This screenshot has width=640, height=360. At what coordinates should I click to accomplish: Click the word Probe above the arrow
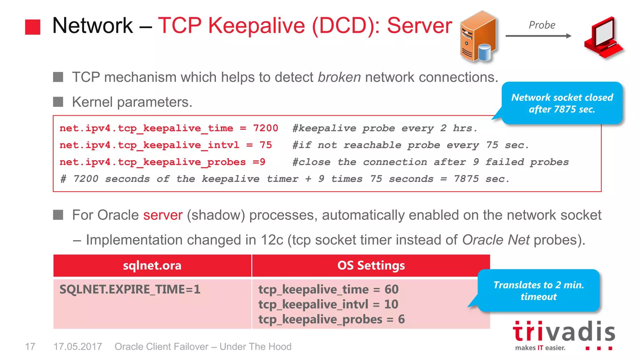[542, 25]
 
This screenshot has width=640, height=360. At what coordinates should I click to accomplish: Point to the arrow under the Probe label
[538, 36]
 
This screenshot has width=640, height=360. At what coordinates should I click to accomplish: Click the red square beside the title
[32, 27]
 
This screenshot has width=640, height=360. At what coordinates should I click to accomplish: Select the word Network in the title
[92, 26]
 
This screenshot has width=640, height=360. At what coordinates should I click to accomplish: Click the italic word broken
[339, 77]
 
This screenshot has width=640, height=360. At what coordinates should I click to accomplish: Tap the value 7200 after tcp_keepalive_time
[265, 128]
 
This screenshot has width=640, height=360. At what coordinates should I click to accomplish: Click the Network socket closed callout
[562, 103]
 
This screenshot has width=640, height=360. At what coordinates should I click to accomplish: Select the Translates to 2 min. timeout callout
[538, 291]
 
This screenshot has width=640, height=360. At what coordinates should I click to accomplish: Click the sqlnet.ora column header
[152, 266]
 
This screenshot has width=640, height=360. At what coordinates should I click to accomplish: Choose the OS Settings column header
[371, 266]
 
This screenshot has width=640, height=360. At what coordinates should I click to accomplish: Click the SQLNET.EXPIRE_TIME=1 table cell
[130, 289]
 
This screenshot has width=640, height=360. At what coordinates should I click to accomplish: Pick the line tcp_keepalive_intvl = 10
[328, 304]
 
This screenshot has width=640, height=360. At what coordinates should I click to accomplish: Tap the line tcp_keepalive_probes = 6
[331, 319]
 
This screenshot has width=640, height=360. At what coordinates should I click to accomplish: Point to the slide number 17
[30, 347]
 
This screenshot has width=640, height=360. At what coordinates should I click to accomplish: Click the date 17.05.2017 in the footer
[78, 347]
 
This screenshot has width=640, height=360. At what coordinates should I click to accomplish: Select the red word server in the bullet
[163, 215]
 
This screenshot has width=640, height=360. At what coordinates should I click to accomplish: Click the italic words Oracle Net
[496, 240]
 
